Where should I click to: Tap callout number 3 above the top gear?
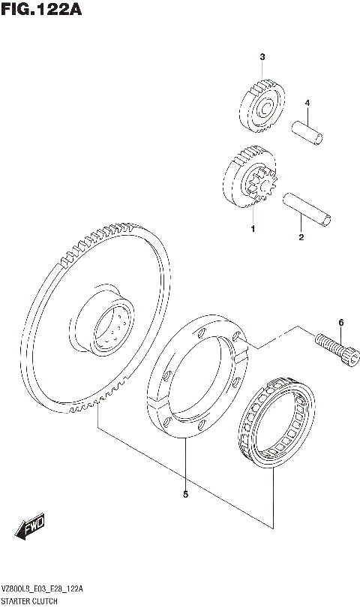(262, 57)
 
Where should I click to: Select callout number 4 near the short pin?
(306, 103)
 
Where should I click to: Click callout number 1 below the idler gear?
(253, 228)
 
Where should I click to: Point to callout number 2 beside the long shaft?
(301, 238)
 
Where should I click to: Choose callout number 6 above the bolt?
(340, 323)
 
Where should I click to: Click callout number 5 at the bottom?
(184, 494)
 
